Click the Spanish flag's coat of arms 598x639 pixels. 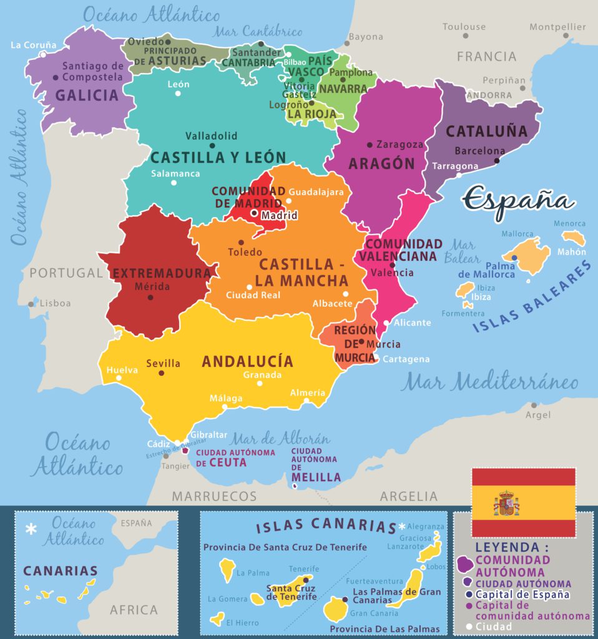506,503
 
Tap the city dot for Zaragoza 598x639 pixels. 370,144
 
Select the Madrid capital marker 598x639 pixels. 254,213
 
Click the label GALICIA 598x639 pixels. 87,95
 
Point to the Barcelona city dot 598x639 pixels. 497,160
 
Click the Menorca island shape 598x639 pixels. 573,237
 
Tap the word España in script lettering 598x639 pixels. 518,201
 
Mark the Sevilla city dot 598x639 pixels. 161,373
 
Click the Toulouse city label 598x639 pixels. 464,27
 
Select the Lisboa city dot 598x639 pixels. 31,305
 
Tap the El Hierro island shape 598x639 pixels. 217,619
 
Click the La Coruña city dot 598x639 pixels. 43,54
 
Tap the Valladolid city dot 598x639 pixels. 212,146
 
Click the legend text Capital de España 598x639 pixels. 522,594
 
